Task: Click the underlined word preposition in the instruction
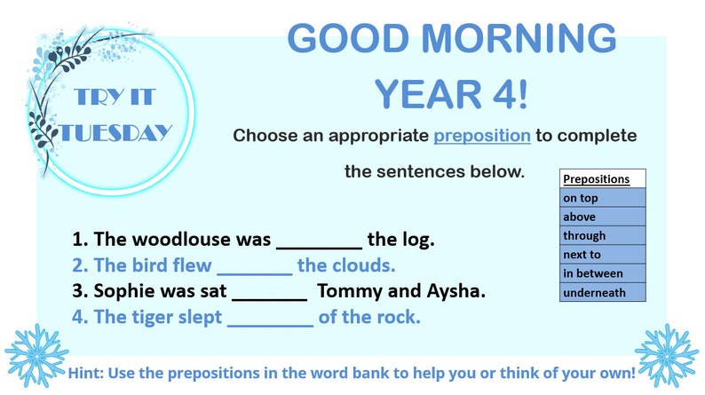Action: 482,136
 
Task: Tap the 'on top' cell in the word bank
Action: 602,198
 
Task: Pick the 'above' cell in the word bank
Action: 602,217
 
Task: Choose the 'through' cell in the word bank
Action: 602,236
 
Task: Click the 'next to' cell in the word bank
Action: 602,255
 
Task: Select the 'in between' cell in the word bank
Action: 602,273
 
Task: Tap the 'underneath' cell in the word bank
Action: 602,292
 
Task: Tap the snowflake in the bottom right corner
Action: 666,354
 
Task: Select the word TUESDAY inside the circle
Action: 115,134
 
